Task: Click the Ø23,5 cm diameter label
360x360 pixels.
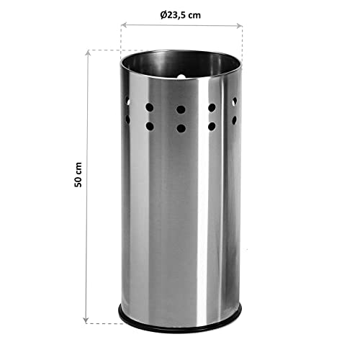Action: click(181, 15)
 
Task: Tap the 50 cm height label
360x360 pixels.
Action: click(78, 174)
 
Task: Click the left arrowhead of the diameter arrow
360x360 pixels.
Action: click(124, 24)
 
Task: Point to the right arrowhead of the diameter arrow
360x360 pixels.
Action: click(239, 26)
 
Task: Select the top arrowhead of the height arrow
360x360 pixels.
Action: click(89, 53)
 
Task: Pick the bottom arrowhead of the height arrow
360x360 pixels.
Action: click(86, 320)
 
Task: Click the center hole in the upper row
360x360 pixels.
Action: click(181, 109)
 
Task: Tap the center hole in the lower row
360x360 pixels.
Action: click(181, 128)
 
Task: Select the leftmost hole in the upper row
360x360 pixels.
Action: click(127, 101)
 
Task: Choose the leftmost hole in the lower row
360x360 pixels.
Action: click(127, 120)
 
